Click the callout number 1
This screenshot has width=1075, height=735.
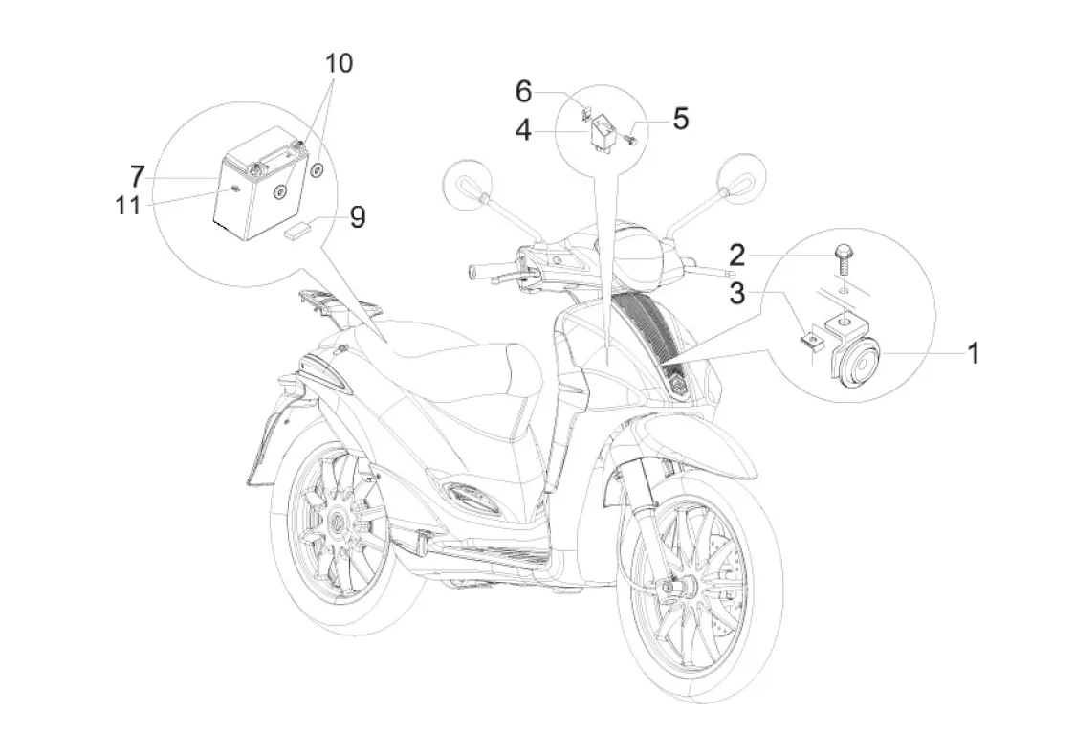click(x=972, y=354)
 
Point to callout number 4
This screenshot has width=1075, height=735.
click(x=523, y=131)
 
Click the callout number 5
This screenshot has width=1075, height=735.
click(x=680, y=119)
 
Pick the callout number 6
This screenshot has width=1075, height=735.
click(x=523, y=92)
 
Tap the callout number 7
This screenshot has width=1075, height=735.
click(x=138, y=176)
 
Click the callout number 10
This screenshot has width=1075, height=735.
click(x=338, y=64)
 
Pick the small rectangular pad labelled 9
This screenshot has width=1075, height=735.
click(x=296, y=231)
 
